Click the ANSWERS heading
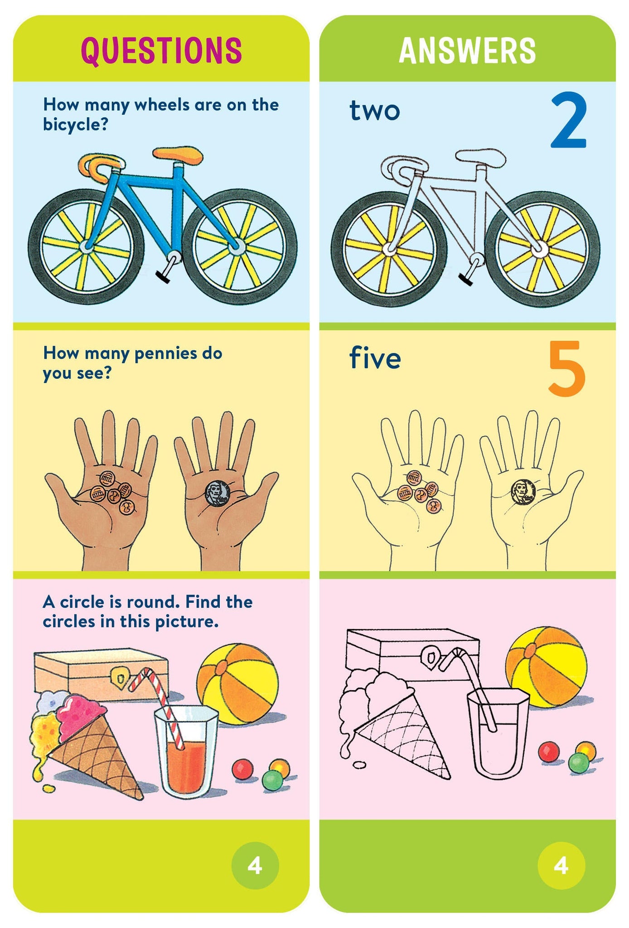[x=467, y=50]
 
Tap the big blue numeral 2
[x=569, y=121]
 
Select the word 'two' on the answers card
[x=374, y=111]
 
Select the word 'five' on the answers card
[x=375, y=358]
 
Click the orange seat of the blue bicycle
[x=178, y=154]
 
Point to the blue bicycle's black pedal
[x=163, y=277]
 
